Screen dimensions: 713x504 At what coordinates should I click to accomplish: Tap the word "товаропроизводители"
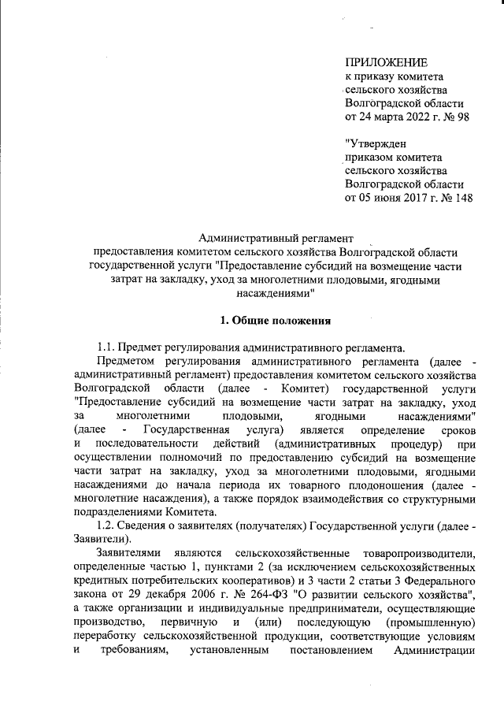pyautogui.click(x=419, y=553)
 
